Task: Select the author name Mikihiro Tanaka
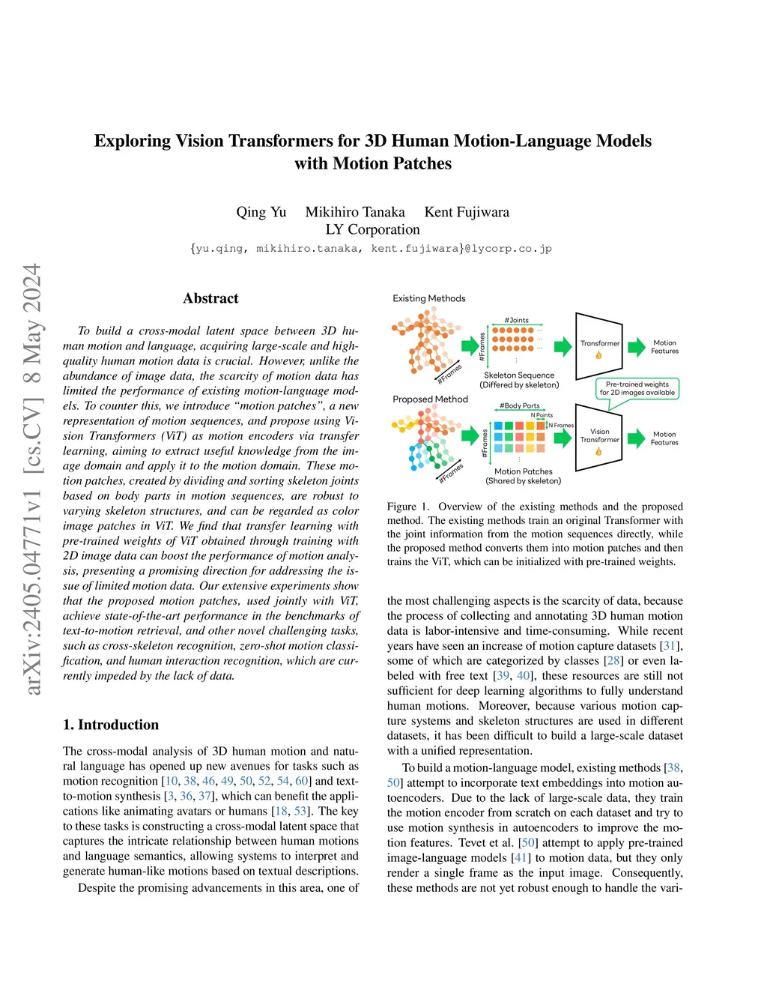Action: pos(355,212)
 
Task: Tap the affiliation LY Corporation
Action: pos(372,229)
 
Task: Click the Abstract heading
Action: pos(210,298)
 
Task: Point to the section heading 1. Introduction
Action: pos(111,725)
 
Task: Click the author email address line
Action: pos(371,249)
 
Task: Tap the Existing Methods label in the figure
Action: pos(429,298)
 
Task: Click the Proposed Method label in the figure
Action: pos(430,399)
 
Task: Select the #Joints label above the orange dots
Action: pos(516,320)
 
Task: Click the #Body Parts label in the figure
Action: pos(520,405)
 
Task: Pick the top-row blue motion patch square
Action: pos(498,426)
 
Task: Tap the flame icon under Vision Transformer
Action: pos(598,452)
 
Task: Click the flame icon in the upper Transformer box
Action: pos(598,355)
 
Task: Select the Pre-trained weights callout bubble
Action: pos(637,388)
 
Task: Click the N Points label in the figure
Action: pos(542,415)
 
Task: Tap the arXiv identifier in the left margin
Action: pos(31,480)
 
